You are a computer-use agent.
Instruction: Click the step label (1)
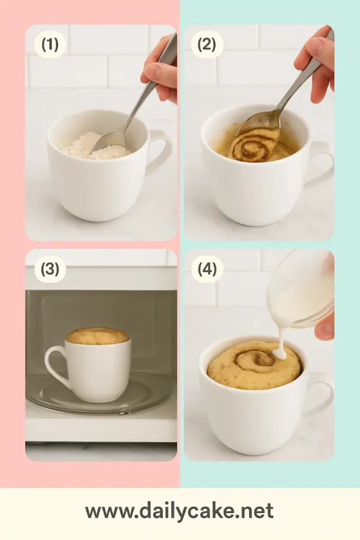point(50,45)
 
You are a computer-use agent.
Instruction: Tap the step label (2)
point(207,45)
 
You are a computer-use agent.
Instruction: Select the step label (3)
point(50,269)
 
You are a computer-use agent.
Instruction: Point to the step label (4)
point(207,269)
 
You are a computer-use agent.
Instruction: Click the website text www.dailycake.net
point(179,511)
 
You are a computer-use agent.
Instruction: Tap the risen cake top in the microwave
point(98,335)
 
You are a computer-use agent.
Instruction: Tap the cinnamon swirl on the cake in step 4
point(256,361)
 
